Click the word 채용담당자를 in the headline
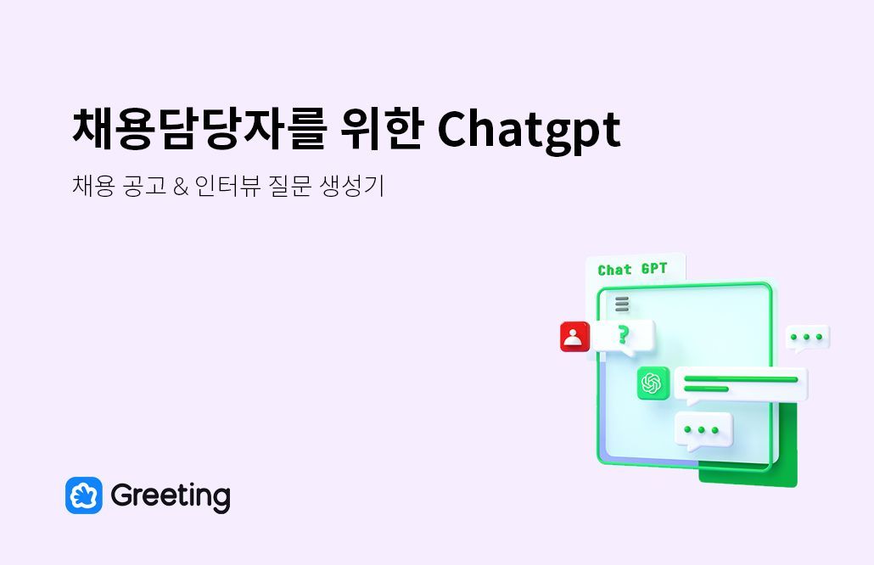pos(197,129)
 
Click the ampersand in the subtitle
pos(179,187)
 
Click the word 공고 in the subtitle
pos(143,187)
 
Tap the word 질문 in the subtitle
pos(289,187)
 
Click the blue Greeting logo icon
pos(83,495)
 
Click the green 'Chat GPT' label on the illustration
pos(632,270)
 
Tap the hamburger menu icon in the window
pos(622,304)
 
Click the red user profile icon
pos(574,337)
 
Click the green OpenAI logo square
pos(653,383)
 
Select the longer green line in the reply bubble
pos(741,379)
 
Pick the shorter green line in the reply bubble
pos(706,389)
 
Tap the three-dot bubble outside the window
pos(807,338)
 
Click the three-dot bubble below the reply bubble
pos(703,430)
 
